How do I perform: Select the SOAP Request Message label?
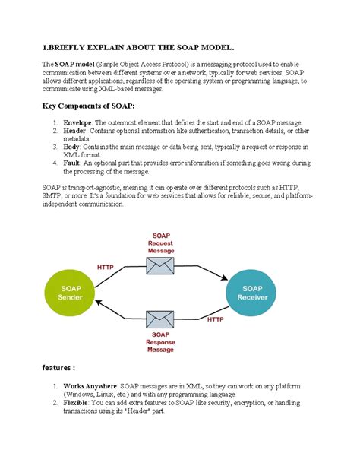point(160,243)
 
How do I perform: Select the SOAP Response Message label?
point(160,342)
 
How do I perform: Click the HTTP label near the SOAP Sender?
point(106,267)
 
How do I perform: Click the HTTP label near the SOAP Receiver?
point(216,320)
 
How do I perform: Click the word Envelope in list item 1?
point(78,122)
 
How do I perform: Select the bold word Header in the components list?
point(75,131)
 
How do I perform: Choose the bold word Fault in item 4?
point(73,163)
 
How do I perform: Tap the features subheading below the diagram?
point(58,368)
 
